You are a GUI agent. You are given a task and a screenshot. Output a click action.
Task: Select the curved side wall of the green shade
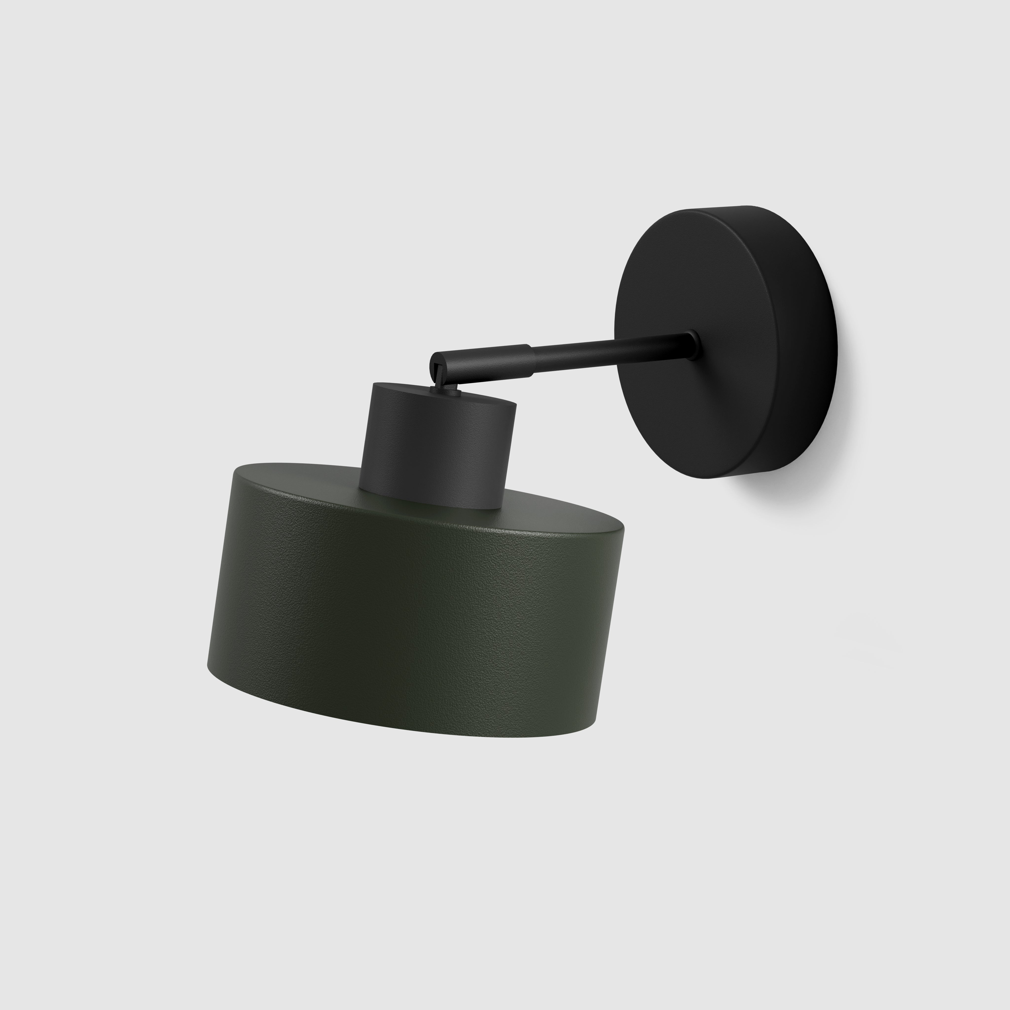(x=408, y=617)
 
